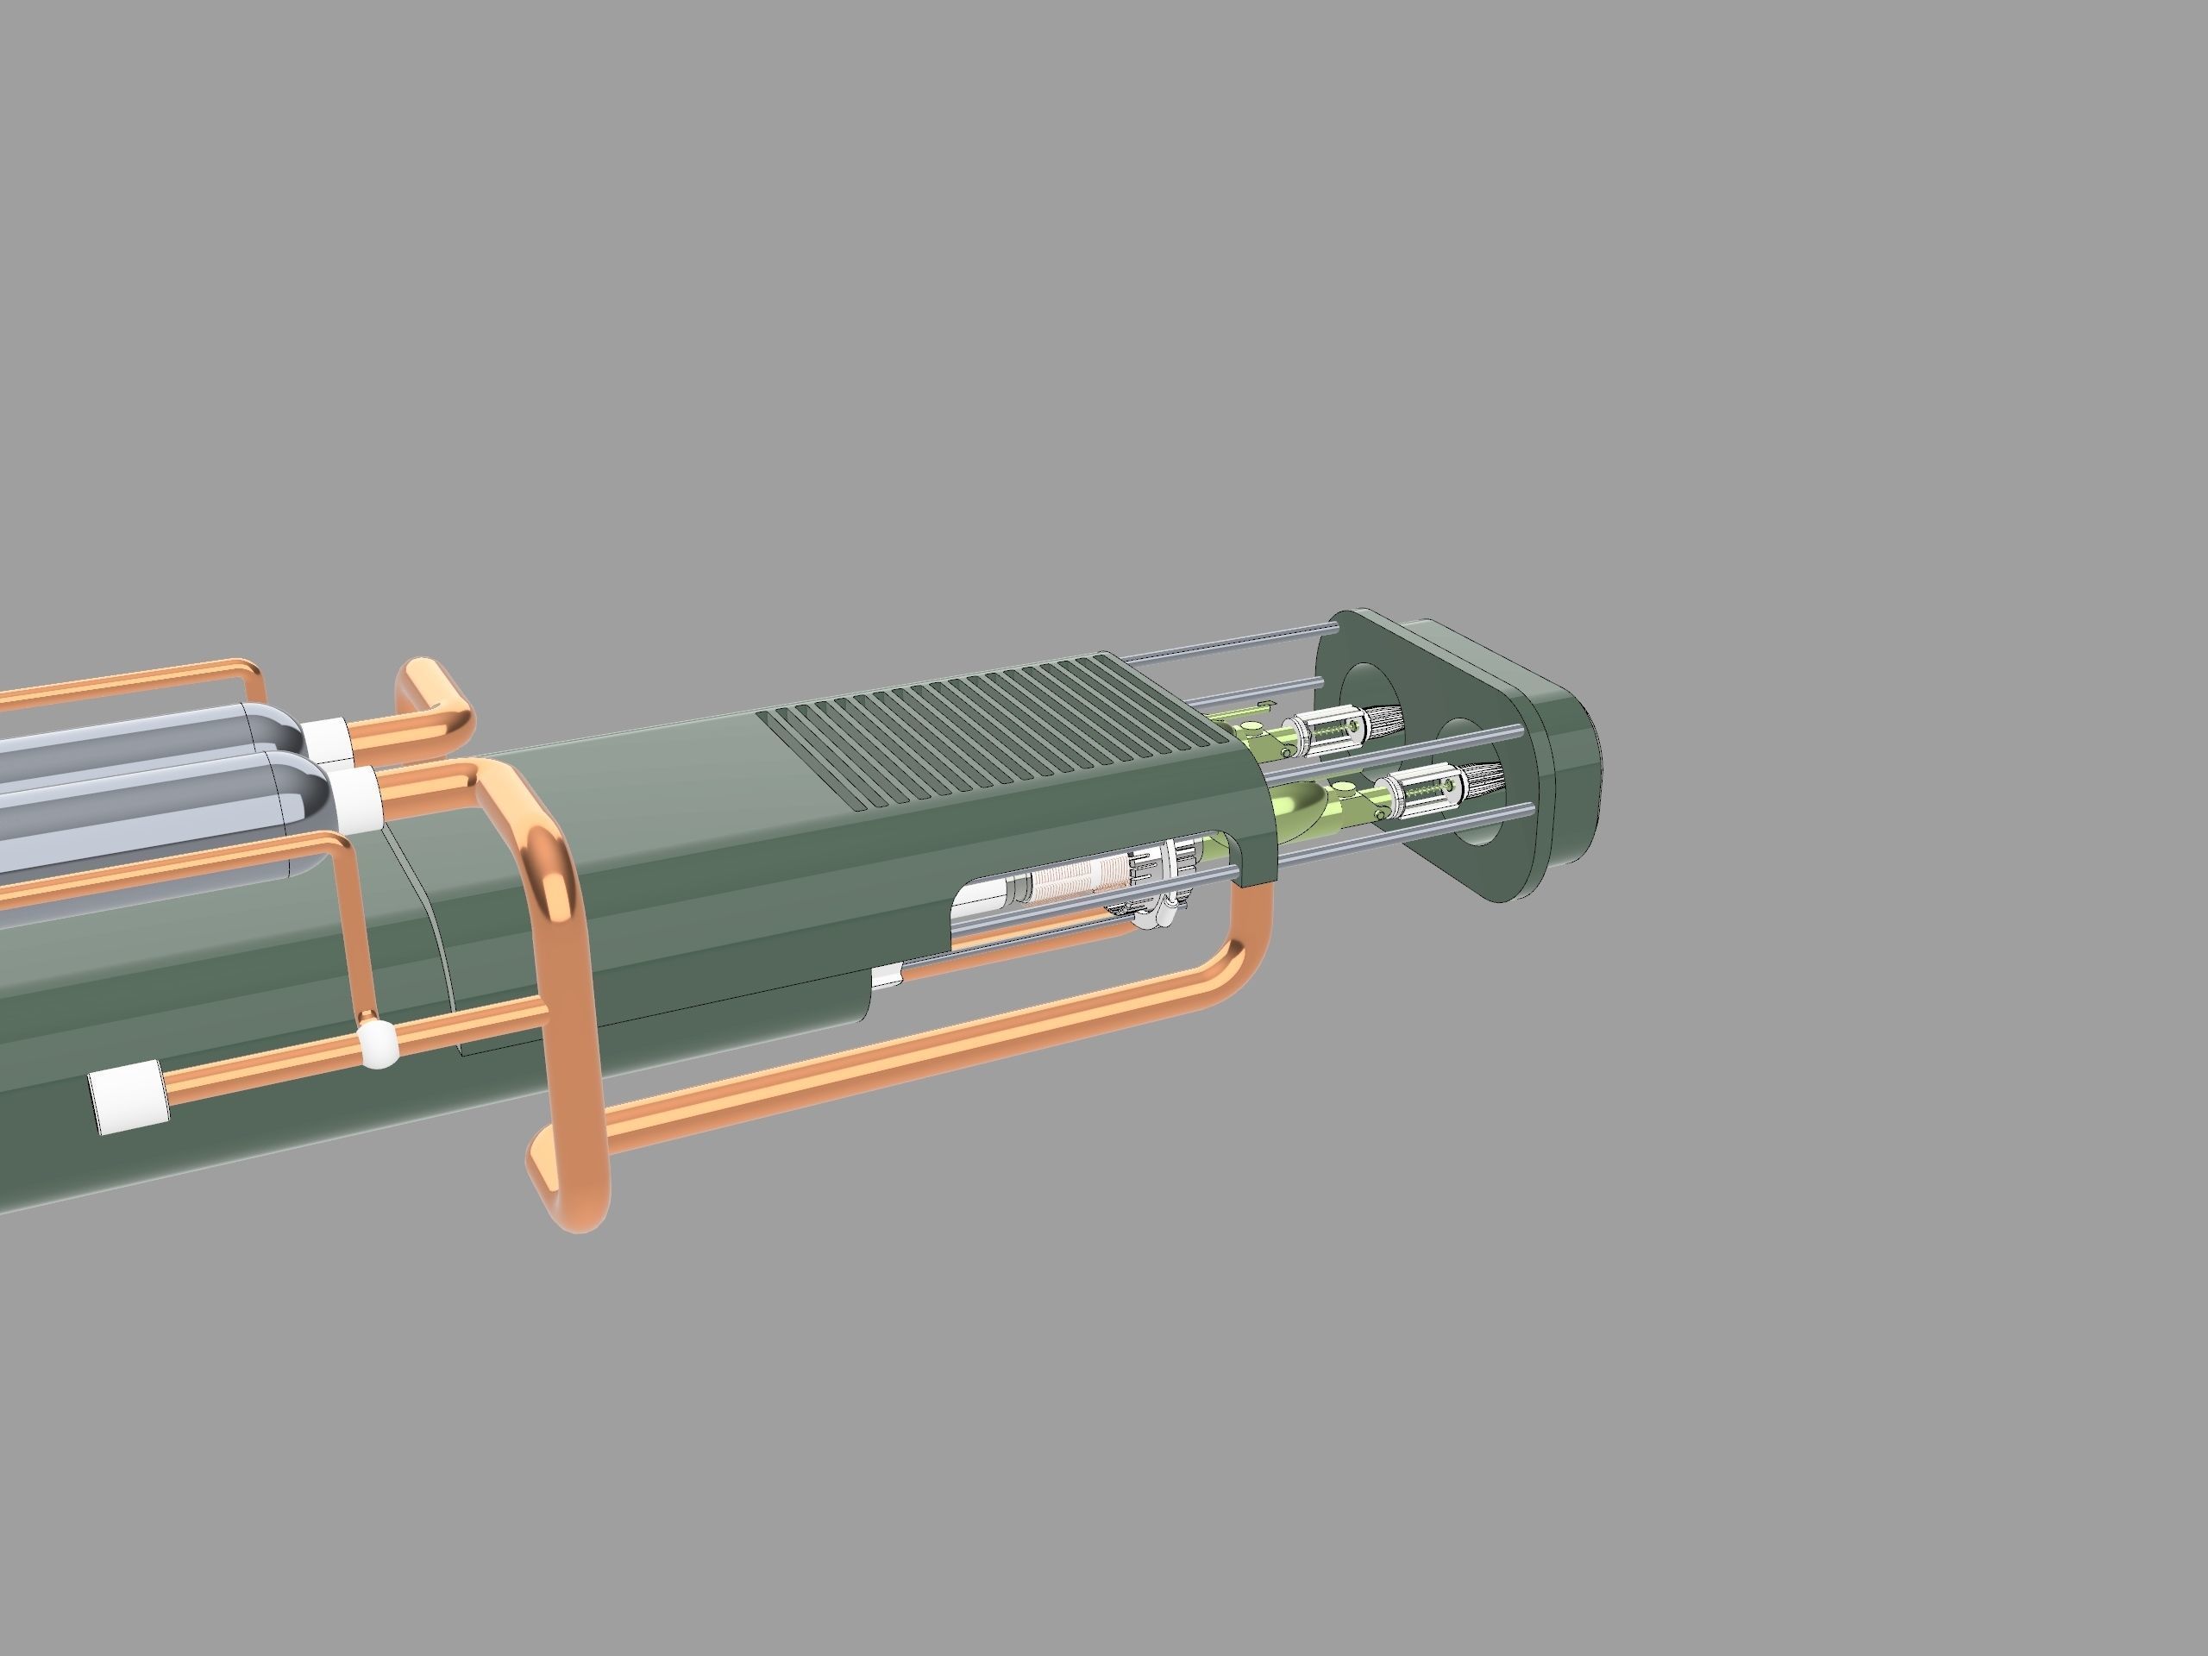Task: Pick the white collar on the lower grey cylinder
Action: (357, 799)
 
